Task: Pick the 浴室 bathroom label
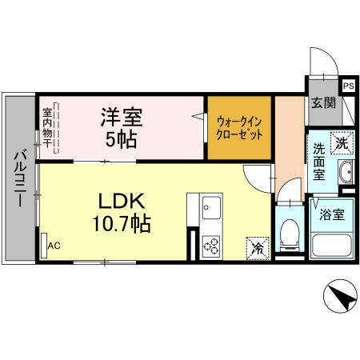point(331,215)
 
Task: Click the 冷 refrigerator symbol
point(258,248)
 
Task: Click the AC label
point(54,246)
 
